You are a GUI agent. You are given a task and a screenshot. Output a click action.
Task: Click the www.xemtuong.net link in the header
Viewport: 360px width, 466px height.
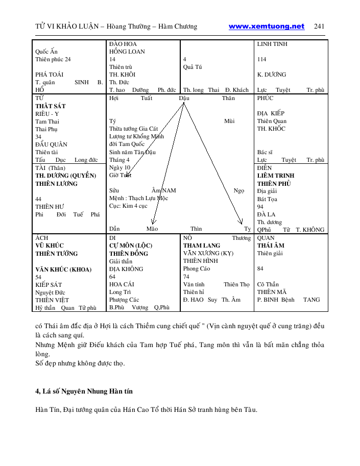266,27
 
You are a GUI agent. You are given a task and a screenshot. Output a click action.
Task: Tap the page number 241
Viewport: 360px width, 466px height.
320,27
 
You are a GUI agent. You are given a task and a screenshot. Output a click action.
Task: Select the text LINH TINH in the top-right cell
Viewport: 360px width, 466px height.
272,44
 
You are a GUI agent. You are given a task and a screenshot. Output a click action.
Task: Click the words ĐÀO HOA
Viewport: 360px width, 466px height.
123,44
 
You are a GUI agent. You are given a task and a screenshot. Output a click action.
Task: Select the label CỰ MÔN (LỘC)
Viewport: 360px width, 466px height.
131,246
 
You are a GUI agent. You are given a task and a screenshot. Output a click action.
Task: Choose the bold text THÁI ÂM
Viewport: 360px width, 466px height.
271,246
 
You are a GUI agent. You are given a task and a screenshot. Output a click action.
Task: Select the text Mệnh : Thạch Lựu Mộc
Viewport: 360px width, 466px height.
138,198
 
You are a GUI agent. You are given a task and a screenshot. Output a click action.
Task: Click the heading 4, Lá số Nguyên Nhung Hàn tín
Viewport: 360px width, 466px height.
85,391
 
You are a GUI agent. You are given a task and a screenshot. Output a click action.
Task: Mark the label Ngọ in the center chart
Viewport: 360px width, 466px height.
238,190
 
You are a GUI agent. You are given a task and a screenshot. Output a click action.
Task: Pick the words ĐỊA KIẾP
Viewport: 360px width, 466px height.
271,113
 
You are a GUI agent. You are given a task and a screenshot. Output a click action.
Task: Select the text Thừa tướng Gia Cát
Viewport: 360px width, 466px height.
133,129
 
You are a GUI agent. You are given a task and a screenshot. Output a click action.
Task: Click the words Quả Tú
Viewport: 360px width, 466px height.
192,67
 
